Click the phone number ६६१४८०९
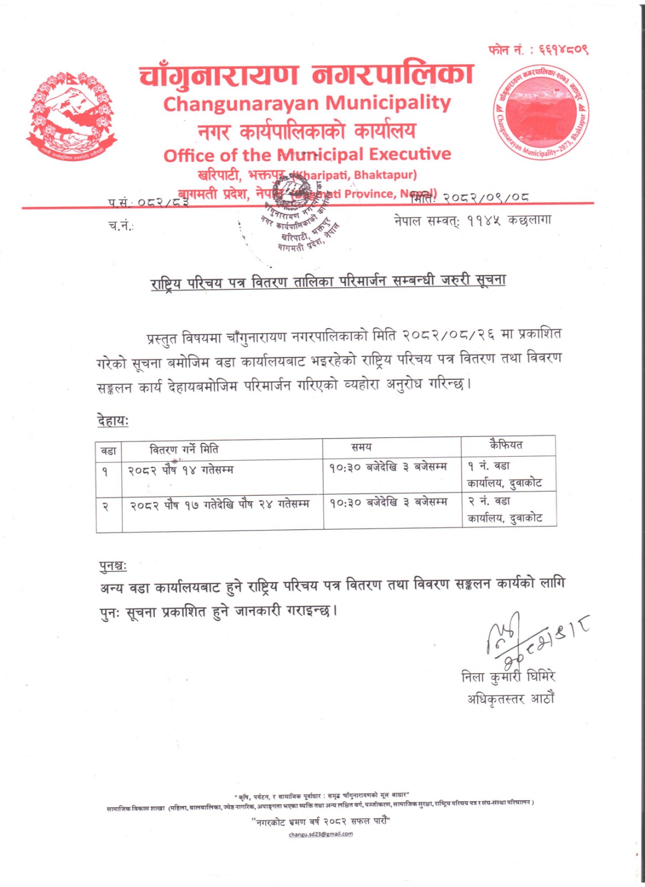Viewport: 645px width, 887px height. click(x=562, y=50)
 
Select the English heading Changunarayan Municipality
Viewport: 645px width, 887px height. click(x=307, y=103)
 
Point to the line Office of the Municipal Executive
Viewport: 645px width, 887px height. click(x=307, y=155)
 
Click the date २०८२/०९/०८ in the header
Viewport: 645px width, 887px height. click(x=486, y=197)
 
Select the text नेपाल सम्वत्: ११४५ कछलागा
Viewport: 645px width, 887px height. click(x=473, y=221)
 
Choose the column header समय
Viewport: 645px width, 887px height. click(x=361, y=447)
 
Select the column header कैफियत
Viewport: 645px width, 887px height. click(x=505, y=445)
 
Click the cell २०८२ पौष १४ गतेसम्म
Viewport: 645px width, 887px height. click(x=181, y=470)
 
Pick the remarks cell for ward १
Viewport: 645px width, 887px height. click(x=504, y=475)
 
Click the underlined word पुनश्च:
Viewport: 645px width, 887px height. click(x=113, y=566)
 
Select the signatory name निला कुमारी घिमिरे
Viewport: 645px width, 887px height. click(x=508, y=676)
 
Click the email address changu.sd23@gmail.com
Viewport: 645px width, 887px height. click(x=321, y=834)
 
